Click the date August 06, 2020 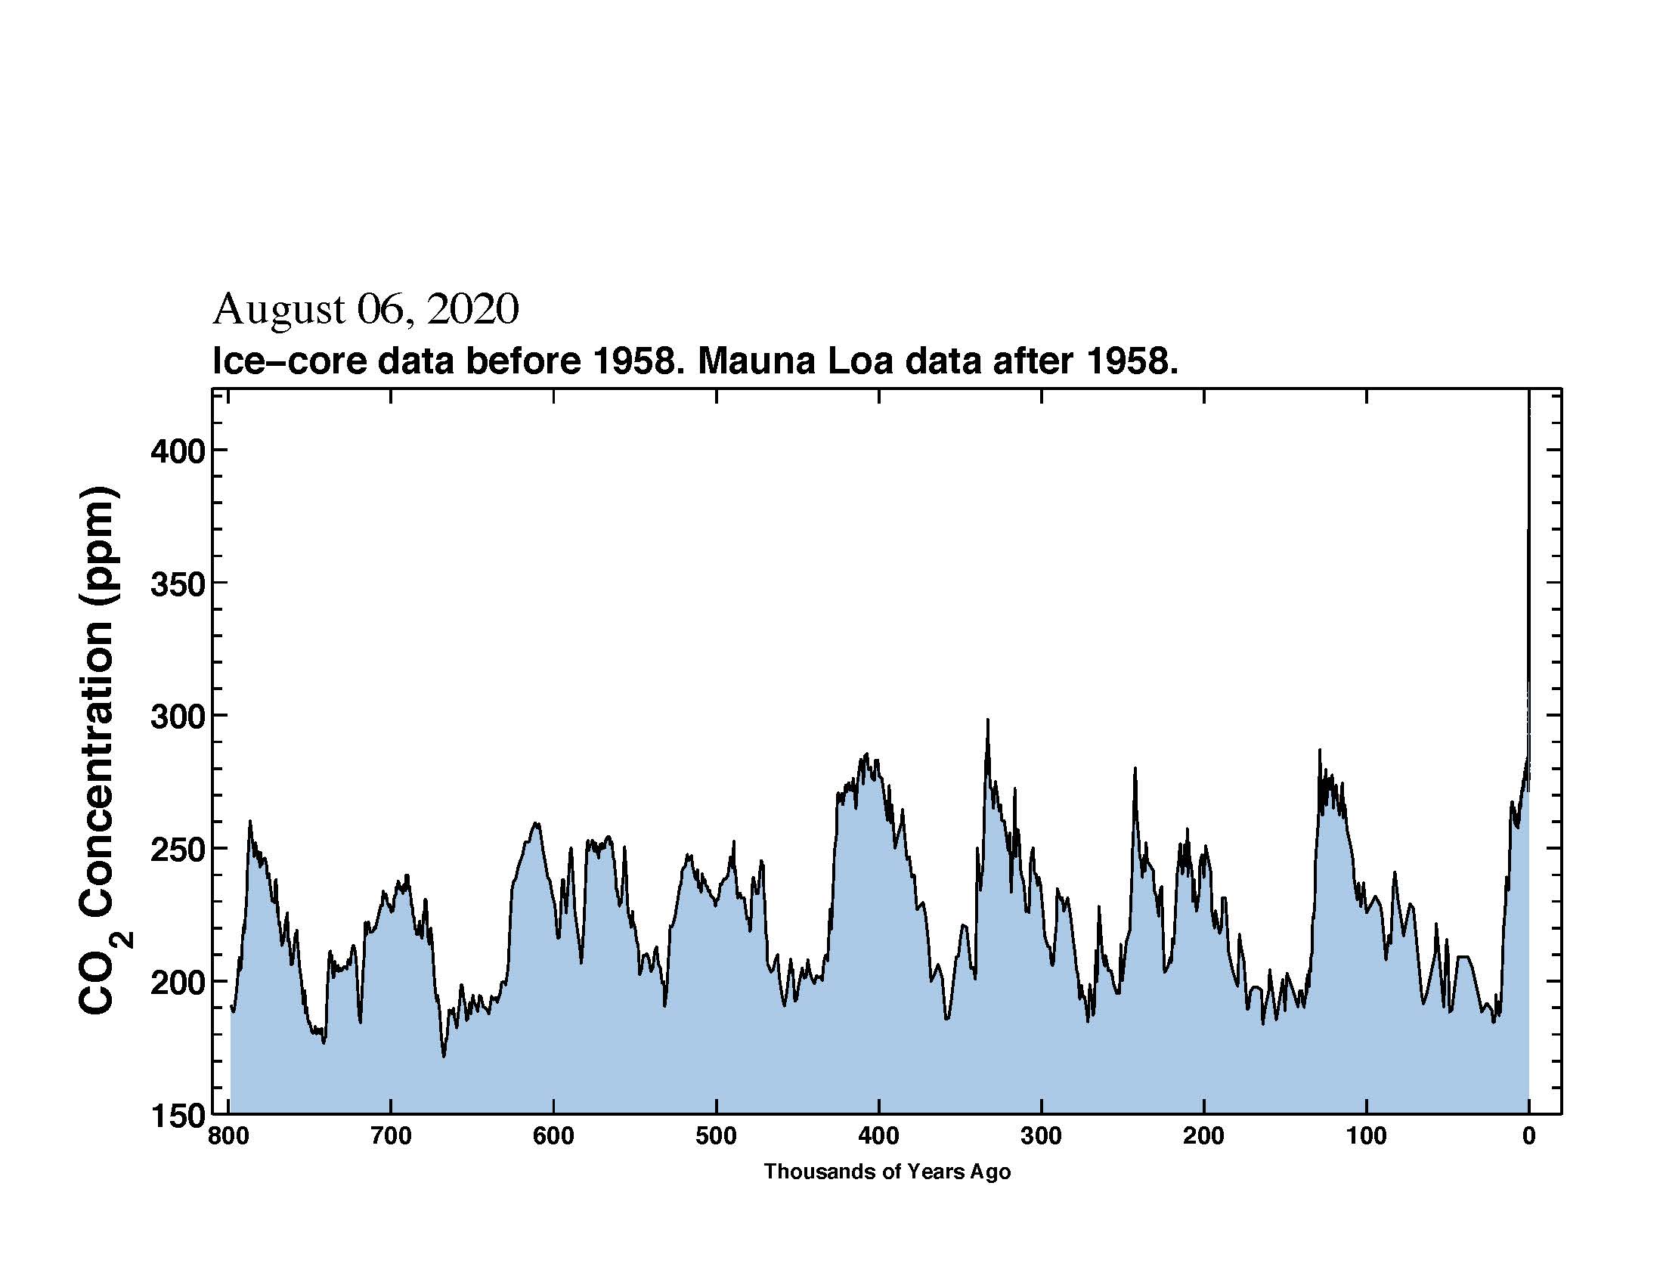click(366, 310)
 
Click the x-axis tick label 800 click(228, 1137)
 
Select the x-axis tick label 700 click(391, 1137)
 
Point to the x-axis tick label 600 click(553, 1137)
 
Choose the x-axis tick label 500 click(716, 1137)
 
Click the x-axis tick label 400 click(878, 1137)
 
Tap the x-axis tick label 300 click(1041, 1137)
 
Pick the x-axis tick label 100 click(1366, 1137)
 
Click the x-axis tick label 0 click(1528, 1137)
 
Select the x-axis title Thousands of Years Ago click(887, 1172)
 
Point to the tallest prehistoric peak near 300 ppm click(988, 720)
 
